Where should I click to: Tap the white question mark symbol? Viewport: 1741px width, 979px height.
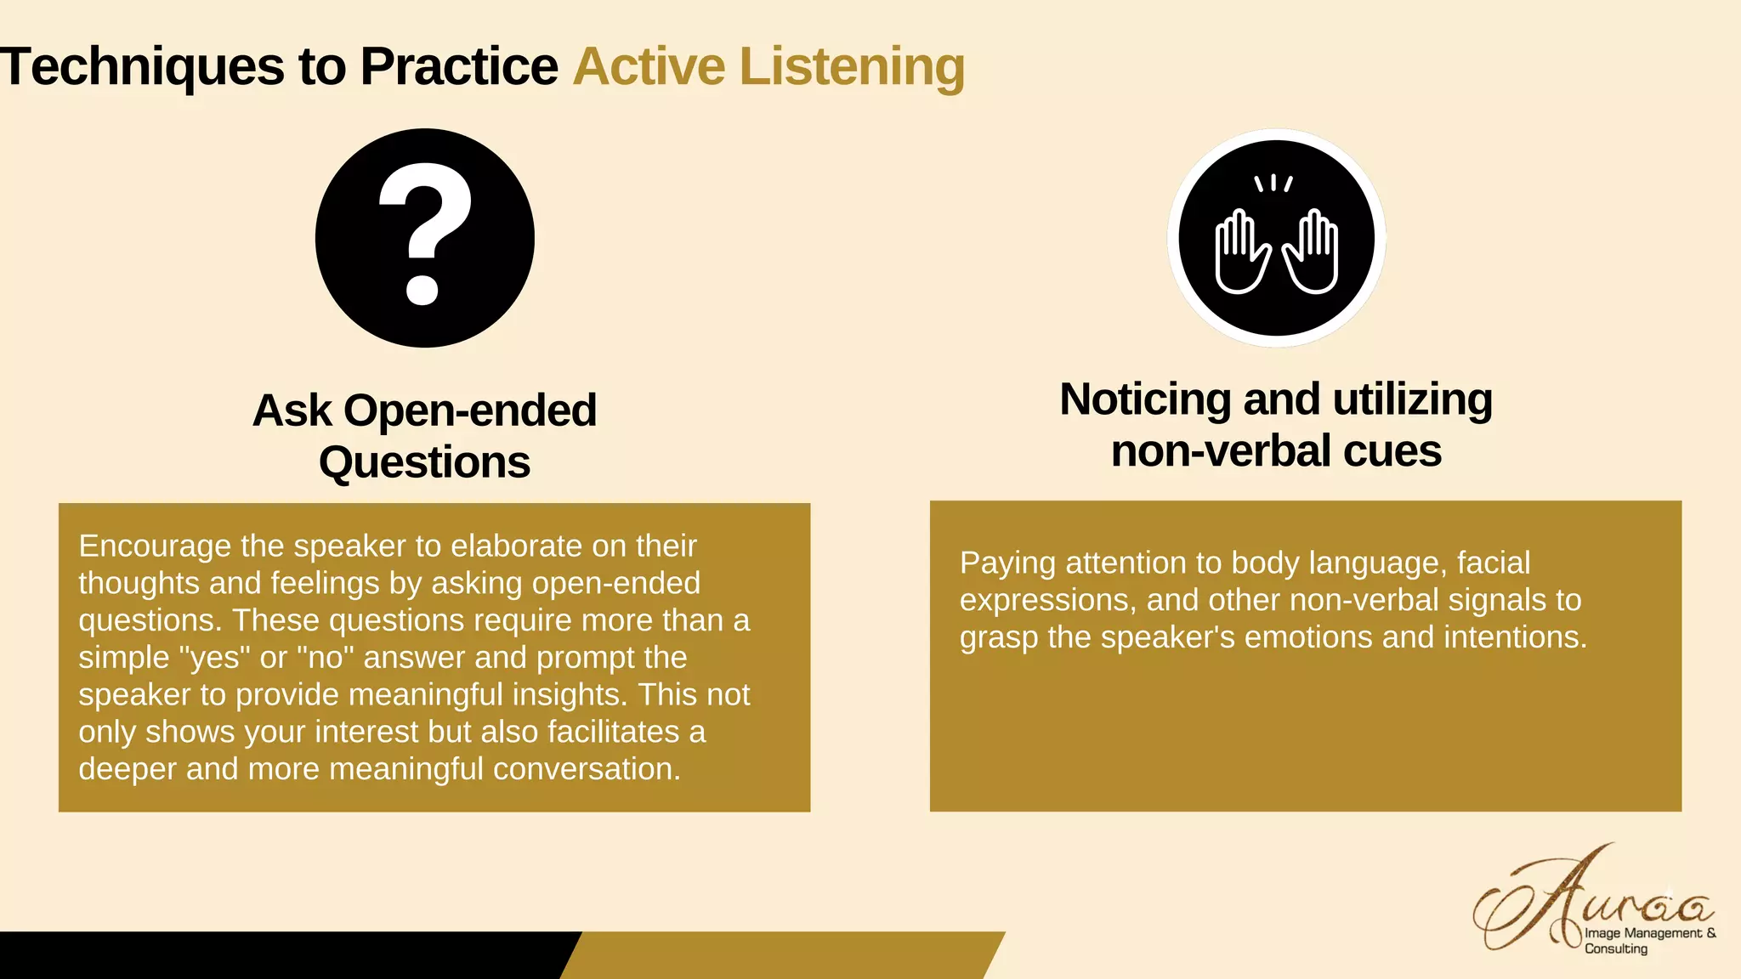pyautogui.click(x=424, y=234)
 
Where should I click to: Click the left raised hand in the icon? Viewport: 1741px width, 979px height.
pyautogui.click(x=1241, y=253)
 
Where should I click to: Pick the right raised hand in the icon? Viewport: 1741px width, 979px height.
pyautogui.click(x=1312, y=253)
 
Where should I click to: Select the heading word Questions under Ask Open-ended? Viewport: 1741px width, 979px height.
pyautogui.click(x=424, y=463)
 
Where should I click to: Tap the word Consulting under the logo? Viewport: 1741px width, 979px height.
pyautogui.click(x=1615, y=949)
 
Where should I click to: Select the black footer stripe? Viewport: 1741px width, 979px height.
pyautogui.click(x=281, y=955)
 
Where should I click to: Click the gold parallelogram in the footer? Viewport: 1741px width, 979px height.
pyautogui.click(x=782, y=955)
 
